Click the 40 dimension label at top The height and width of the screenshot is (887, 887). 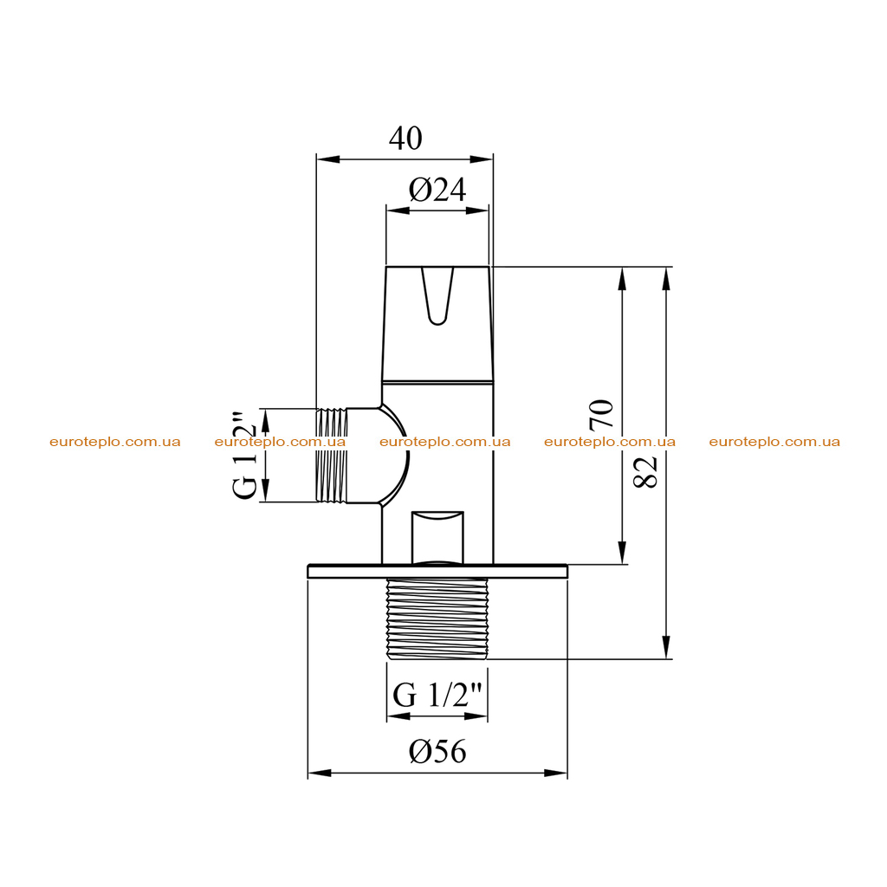[405, 138]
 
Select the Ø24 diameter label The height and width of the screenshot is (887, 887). [437, 190]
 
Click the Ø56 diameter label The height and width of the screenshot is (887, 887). [437, 751]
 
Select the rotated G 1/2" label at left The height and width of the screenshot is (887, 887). [246, 456]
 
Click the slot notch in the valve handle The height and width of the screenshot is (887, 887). [437, 296]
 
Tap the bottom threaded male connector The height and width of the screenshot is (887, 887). [437, 618]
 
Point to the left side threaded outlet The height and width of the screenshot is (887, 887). [332, 456]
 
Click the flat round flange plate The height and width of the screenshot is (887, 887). [437, 572]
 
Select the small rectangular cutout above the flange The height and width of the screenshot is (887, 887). [437, 537]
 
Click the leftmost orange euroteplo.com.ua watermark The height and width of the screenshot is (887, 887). [115, 442]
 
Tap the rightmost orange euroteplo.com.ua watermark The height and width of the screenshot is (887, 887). [774, 442]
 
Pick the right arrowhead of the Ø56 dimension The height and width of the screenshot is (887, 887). [555, 773]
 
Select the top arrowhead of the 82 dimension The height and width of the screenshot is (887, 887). [666, 278]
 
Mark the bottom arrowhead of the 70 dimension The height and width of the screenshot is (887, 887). [622, 552]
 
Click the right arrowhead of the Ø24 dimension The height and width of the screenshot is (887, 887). [477, 210]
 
